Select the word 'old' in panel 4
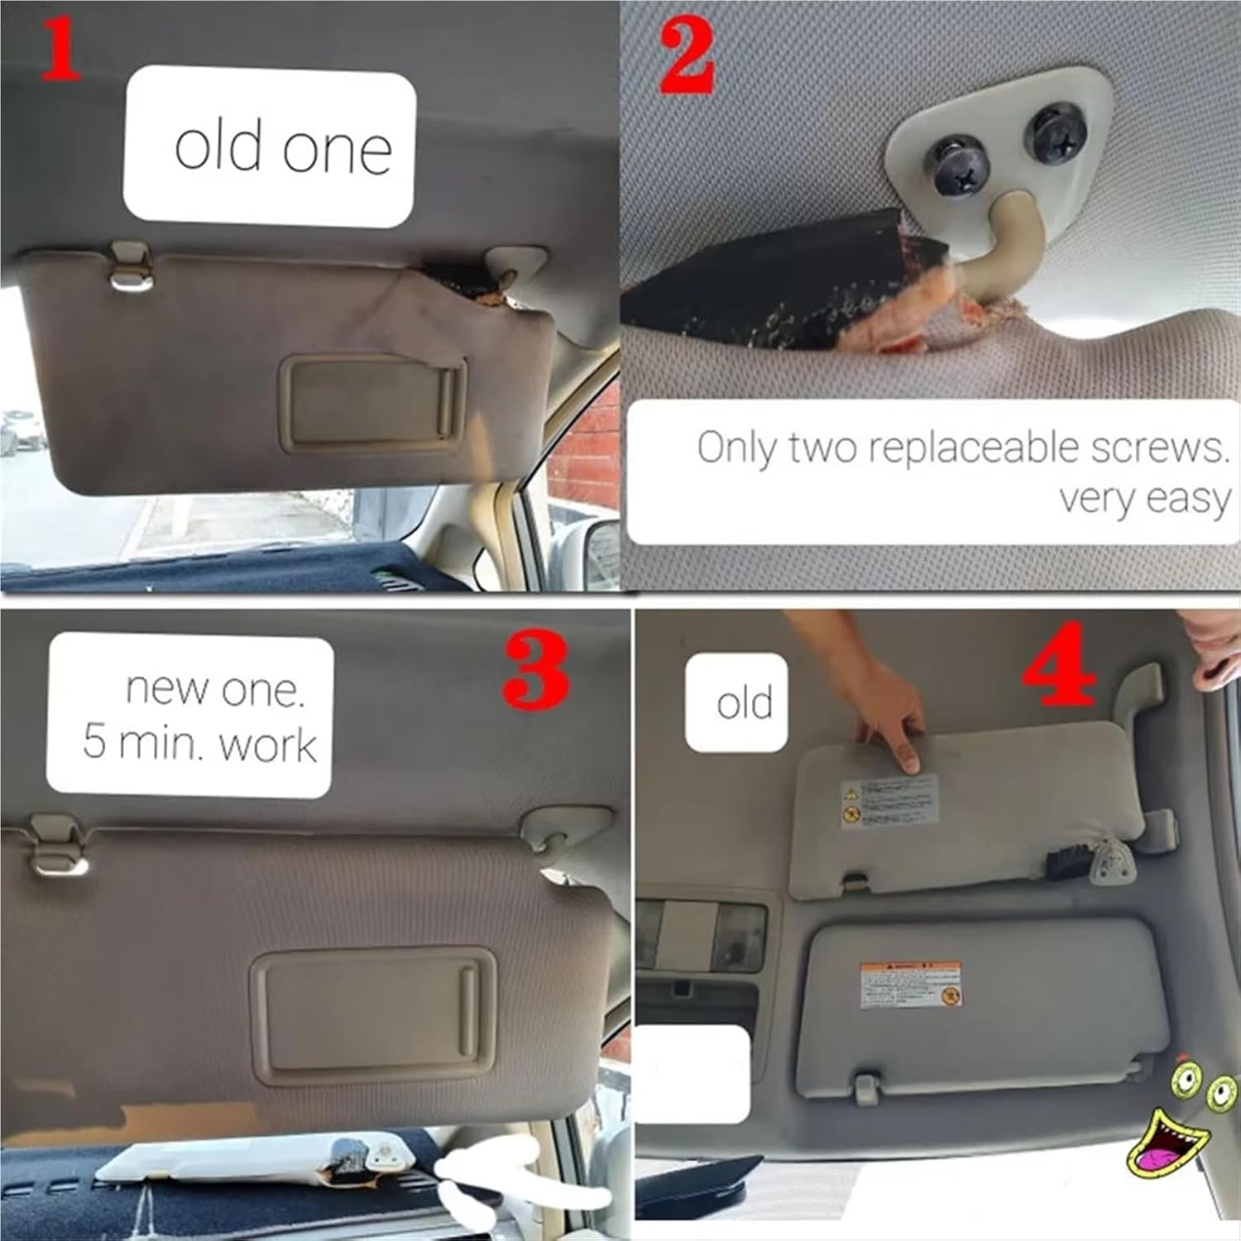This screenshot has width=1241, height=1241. pos(744,702)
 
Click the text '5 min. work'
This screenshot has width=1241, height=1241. pos(199,742)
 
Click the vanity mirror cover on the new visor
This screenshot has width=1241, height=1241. pos(373,1015)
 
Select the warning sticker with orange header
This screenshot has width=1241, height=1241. pos(910,984)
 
